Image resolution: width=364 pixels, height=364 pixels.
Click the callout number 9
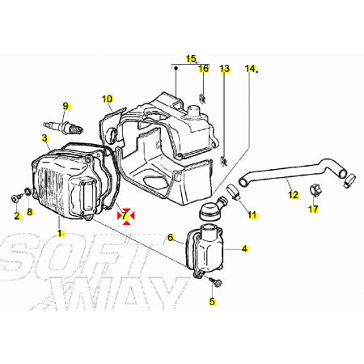click(x=66, y=106)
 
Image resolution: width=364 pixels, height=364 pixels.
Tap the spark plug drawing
click(x=63, y=127)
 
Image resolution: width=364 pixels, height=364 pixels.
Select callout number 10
click(x=108, y=99)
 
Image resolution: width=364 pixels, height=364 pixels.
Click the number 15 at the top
click(x=191, y=58)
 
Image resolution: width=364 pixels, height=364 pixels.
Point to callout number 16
click(x=204, y=69)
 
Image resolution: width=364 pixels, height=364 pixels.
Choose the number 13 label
click(x=224, y=69)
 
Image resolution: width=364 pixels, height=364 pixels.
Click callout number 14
click(x=250, y=69)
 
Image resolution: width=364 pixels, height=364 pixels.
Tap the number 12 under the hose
click(x=293, y=195)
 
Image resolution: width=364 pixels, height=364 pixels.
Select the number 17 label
click(x=313, y=209)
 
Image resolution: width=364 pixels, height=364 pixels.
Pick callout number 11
click(x=252, y=215)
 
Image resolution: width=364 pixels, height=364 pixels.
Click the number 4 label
click(x=244, y=248)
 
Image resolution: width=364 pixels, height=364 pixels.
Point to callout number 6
click(x=170, y=238)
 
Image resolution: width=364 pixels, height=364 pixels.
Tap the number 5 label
click(x=212, y=302)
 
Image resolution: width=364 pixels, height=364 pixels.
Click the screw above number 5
click(x=217, y=282)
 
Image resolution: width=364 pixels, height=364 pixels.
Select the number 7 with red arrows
click(x=125, y=215)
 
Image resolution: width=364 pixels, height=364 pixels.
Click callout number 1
click(x=61, y=233)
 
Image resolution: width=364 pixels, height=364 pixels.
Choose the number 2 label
click(x=17, y=216)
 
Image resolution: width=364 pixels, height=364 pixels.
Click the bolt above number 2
click(x=16, y=199)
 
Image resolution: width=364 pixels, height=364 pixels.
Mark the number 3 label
click(x=44, y=138)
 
